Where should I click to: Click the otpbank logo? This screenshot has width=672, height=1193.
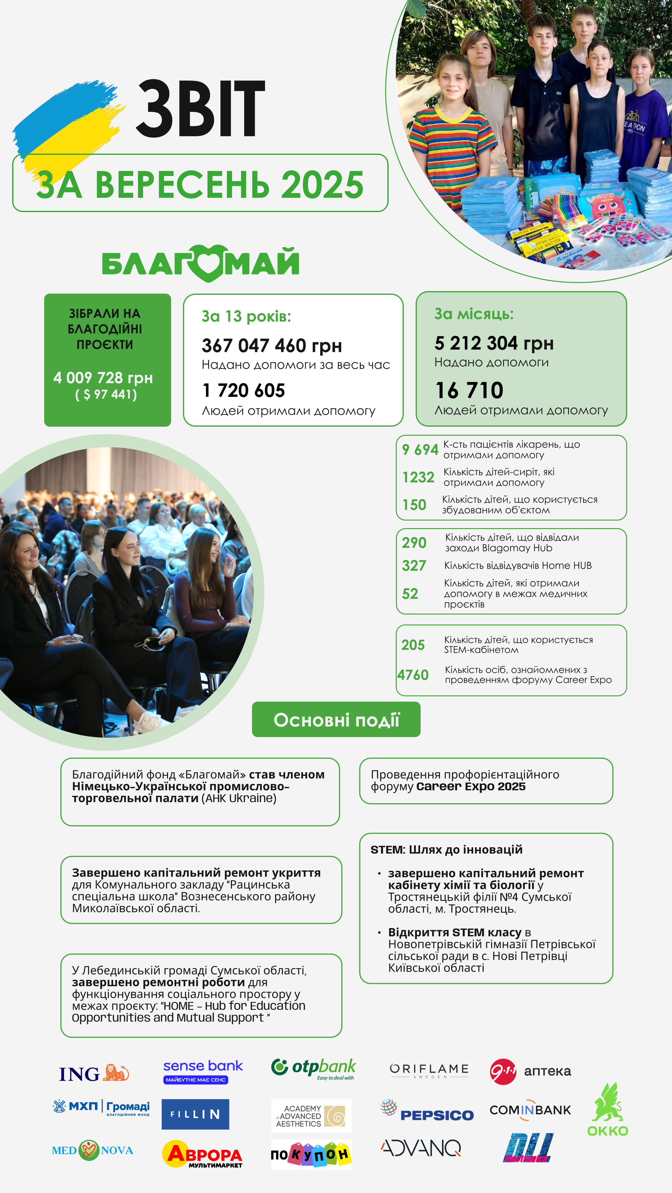(314, 1068)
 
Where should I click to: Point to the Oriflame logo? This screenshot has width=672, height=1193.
(429, 1070)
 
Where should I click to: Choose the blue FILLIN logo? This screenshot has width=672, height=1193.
(195, 1114)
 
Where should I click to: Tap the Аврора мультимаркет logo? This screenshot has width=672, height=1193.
(203, 1154)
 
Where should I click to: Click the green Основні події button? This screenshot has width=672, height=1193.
(336, 720)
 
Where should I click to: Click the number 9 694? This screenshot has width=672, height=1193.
(420, 449)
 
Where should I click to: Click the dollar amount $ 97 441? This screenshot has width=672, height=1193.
(106, 395)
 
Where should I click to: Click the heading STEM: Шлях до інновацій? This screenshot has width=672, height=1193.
(446, 849)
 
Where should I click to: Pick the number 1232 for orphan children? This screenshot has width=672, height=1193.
(418, 477)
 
